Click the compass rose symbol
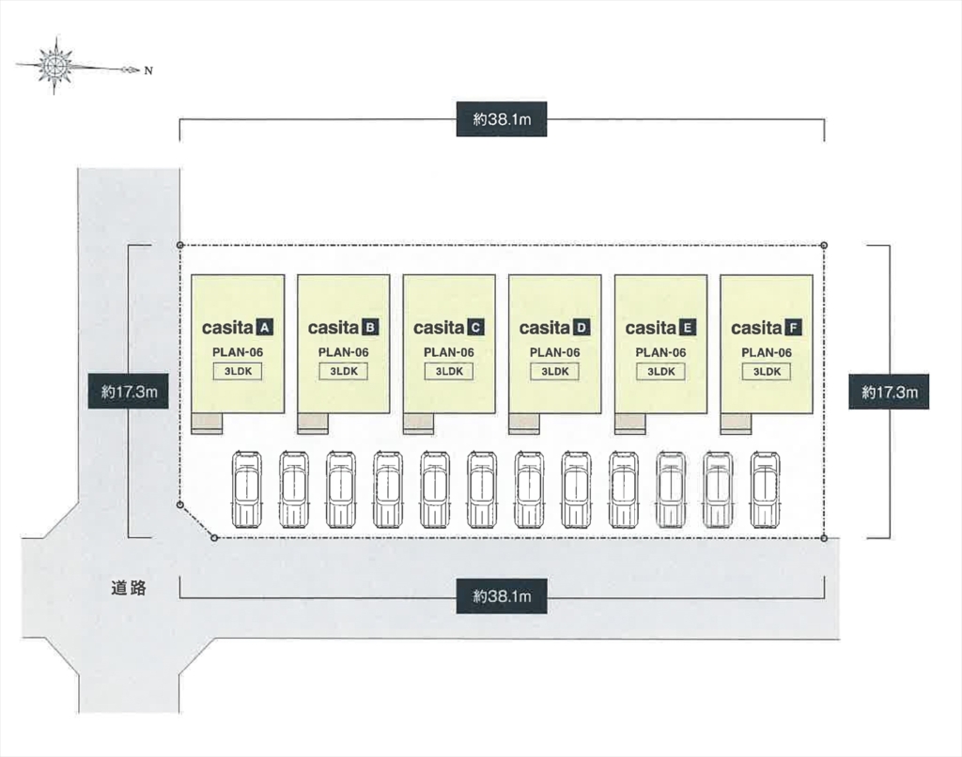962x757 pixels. coord(54,65)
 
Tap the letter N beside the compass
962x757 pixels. coord(147,70)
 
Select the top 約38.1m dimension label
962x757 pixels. coord(502,119)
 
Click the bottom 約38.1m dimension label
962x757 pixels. coord(502,596)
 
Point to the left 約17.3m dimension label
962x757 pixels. coord(129,392)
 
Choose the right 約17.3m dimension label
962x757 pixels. coord(889,392)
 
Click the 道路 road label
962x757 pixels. coord(128,588)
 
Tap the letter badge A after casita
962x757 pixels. coord(264,328)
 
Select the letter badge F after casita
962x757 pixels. coord(794,328)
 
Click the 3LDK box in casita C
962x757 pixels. coord(449,371)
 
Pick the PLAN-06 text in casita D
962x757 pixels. coord(554,352)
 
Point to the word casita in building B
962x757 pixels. coord(334,328)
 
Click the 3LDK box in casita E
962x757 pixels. coord(660,371)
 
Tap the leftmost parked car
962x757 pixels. coord(247,489)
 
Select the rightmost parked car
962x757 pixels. coord(765,489)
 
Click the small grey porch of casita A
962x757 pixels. coord(207,424)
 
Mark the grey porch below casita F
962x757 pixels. coord(736,424)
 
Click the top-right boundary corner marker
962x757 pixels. coord(824,245)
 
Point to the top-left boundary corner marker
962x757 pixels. coord(179,245)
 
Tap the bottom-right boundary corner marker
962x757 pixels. coord(824,538)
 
